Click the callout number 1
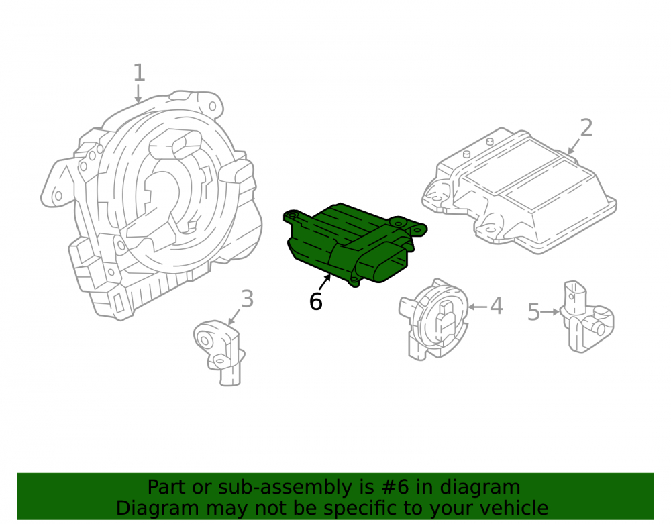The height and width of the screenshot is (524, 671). pos(139,72)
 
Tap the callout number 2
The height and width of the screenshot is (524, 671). pos(586,128)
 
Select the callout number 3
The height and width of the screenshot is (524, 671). pos(248,299)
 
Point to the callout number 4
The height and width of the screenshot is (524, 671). pos(497,306)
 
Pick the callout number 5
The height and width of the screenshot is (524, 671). pos(533,312)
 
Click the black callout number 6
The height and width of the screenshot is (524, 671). pos(315,301)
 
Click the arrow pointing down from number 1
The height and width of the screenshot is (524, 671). pos(138,93)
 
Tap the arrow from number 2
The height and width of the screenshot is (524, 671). pos(574,146)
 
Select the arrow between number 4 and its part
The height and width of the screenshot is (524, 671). pos(478,307)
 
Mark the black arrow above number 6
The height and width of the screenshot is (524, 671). pos(325,282)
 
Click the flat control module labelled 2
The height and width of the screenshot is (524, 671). pos(519,190)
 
